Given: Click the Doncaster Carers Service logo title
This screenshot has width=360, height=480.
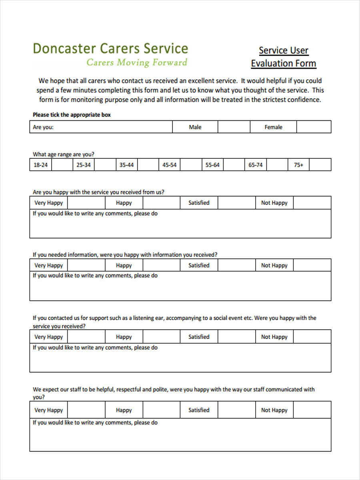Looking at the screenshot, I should [110, 48].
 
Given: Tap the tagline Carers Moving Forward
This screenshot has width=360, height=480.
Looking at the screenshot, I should [137, 62].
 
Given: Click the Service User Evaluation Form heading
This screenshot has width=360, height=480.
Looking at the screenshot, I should [284, 57].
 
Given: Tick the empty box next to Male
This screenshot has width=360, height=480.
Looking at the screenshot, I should [234, 127].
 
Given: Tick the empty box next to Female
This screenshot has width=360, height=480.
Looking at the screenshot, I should [313, 127].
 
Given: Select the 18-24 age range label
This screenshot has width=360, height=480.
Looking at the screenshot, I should [41, 165].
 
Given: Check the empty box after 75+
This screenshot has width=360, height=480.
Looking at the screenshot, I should [320, 165].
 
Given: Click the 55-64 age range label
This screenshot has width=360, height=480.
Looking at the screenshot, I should [212, 165].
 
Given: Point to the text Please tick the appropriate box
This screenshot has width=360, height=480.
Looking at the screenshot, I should [72, 115].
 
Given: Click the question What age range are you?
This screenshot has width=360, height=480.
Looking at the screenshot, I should [64, 154].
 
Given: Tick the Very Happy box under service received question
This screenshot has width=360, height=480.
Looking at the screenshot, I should [86, 203].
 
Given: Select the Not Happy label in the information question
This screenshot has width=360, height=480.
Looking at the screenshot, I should [274, 266].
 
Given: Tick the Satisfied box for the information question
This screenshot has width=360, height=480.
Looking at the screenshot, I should [237, 266].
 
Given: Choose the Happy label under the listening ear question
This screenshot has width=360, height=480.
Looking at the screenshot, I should [124, 337].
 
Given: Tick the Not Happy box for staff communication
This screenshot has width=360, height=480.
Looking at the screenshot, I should [312, 410].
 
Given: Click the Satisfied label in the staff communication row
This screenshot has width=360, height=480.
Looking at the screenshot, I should [199, 410].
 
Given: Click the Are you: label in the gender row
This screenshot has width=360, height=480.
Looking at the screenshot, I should [43, 127].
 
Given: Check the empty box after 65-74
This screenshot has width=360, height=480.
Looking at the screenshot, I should [277, 165].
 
